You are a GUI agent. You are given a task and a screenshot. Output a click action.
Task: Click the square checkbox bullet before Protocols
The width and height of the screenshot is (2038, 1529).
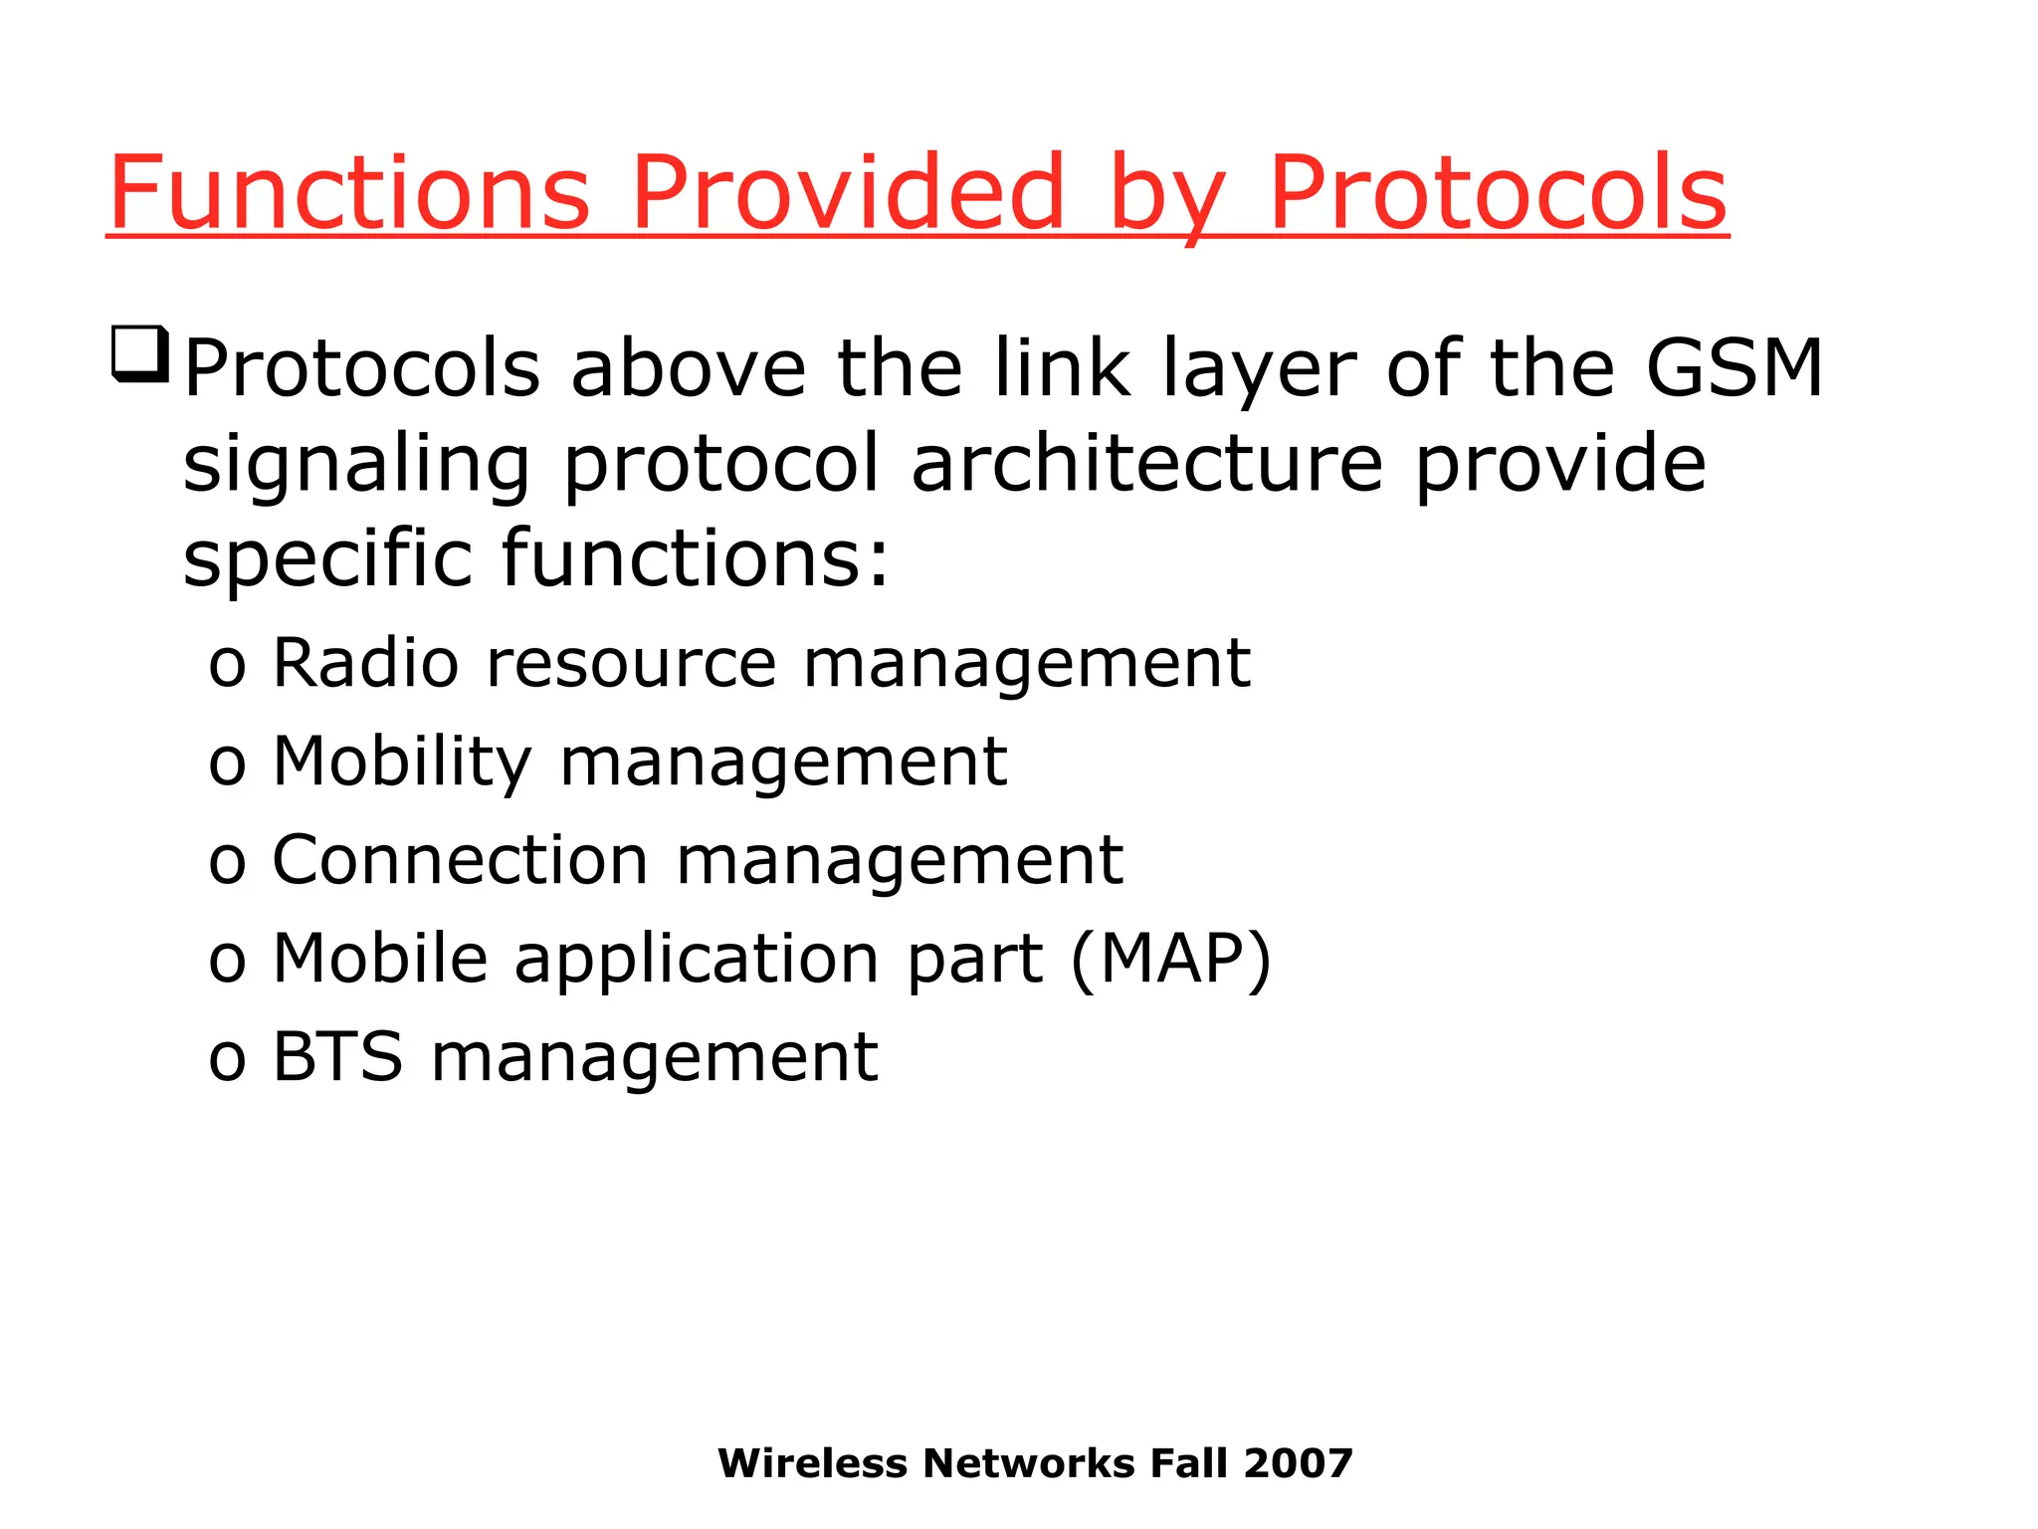138,354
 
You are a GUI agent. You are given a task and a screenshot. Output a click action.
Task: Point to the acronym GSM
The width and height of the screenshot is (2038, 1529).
1733,368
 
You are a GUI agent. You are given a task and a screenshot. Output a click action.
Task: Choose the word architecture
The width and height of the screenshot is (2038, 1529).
1147,463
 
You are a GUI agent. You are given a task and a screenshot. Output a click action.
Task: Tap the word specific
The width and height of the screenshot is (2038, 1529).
327,559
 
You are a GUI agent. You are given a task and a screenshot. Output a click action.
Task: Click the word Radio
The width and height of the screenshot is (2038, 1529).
365,663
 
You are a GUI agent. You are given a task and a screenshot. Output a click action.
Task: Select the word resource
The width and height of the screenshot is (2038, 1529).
631,665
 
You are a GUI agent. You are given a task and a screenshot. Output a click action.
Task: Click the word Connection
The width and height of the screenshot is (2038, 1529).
460,860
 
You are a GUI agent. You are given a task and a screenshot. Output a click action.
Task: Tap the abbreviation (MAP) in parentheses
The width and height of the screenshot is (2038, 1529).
1171,960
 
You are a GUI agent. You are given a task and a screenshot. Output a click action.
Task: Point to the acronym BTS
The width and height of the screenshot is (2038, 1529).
337,1056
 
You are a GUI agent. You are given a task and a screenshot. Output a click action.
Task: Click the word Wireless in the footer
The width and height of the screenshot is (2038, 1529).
812,1463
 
